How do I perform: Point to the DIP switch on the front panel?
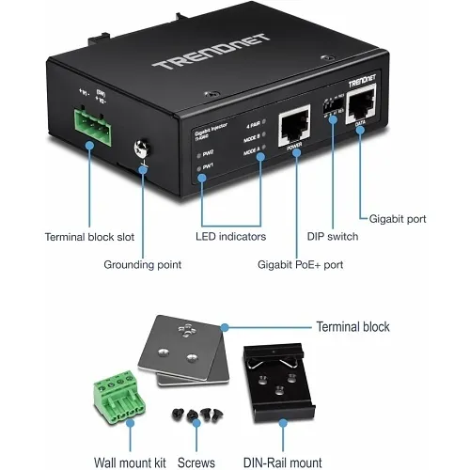tap(332, 105)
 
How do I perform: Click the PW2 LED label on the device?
tap(207, 151)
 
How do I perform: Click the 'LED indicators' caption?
tap(231, 237)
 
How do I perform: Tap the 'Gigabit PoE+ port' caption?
tap(300, 265)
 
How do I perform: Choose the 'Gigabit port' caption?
tap(396, 218)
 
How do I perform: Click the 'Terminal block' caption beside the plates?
tap(352, 327)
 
